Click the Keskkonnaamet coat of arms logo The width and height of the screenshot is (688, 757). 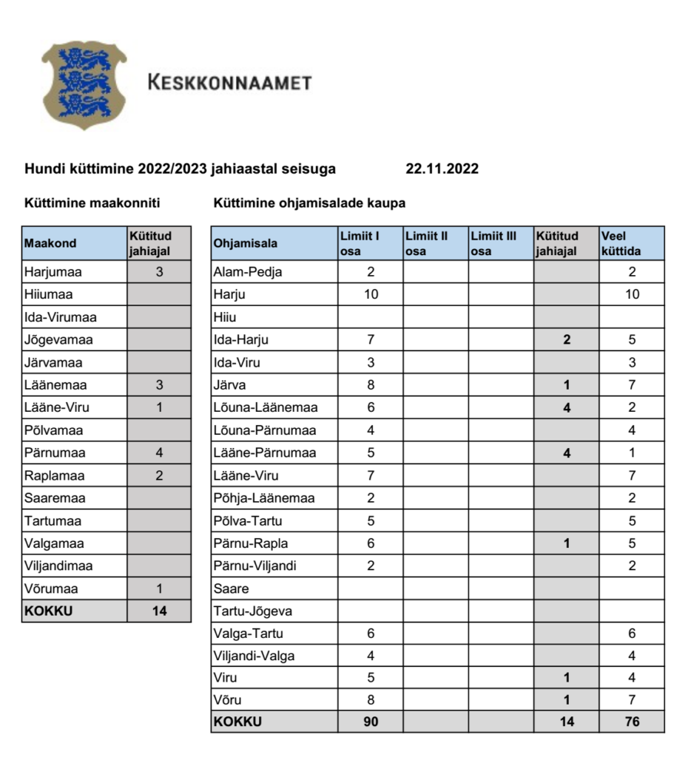point(84,85)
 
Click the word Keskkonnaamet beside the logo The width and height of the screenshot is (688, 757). point(229,82)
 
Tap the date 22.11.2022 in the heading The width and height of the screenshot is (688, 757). point(442,169)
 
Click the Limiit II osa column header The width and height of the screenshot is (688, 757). point(426,243)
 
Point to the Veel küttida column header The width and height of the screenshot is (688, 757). point(621,243)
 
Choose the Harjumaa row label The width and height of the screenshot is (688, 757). point(53,271)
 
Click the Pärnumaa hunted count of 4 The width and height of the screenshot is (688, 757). point(159,452)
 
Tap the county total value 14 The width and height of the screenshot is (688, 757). point(159,611)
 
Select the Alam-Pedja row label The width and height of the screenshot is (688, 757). point(248,271)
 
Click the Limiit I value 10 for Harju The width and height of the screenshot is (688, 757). point(371,294)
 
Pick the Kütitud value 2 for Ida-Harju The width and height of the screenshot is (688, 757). point(567,340)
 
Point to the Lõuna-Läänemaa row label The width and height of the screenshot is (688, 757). point(265,407)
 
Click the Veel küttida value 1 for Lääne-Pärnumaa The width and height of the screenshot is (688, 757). point(632,452)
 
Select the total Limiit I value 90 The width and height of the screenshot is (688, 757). point(371,722)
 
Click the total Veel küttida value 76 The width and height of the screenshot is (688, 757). point(632,722)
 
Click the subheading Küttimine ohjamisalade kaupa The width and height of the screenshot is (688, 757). point(309,203)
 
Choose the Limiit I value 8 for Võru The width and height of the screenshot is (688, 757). point(371,699)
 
